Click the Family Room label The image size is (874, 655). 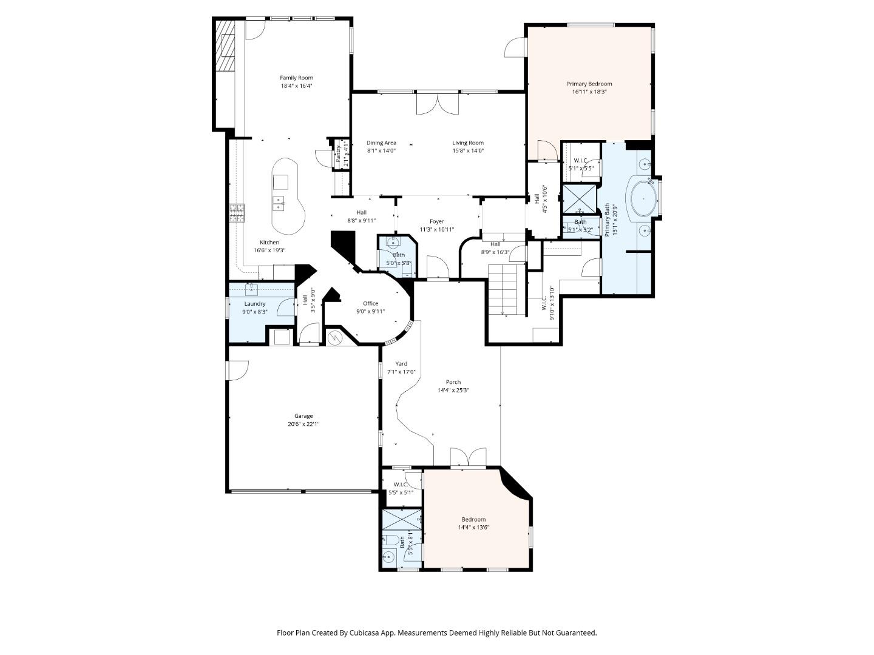tap(296, 78)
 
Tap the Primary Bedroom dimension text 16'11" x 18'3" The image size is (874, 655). tap(589, 92)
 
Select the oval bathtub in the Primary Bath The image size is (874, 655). tap(641, 198)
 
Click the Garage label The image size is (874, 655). tap(303, 416)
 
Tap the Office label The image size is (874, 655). tap(370, 304)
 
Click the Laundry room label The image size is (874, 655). tap(255, 304)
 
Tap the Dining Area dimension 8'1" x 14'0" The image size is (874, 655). tap(381, 151)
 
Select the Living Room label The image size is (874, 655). tap(468, 143)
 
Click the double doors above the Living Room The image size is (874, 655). tap(437, 103)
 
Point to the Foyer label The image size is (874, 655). tap(436, 222)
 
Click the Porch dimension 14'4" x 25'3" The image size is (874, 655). tap(453, 391)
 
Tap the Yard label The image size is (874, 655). tap(401, 364)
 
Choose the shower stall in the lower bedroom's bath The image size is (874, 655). tap(401, 520)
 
